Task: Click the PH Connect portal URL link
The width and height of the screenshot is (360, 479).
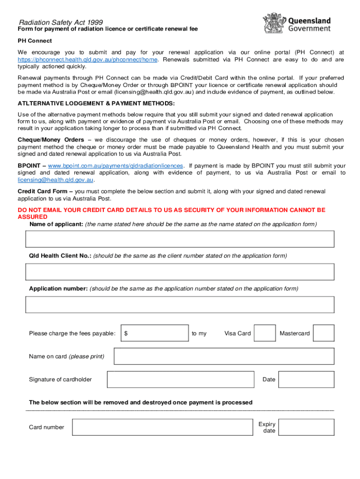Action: tap(88, 60)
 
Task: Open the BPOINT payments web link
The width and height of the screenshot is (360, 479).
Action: tap(115, 166)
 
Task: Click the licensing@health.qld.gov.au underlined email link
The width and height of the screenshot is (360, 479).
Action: tap(56, 180)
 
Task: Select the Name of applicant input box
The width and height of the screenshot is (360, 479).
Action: tap(180, 239)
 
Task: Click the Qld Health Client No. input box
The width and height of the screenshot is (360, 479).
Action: tap(180, 272)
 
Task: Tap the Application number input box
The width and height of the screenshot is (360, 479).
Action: tap(180, 305)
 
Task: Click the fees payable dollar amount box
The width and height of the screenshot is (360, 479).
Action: tap(155, 334)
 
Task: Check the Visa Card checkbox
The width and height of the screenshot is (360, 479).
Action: tap(265, 334)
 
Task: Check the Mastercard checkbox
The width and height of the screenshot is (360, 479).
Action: tap(324, 334)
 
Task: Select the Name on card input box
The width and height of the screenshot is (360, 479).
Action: tap(224, 356)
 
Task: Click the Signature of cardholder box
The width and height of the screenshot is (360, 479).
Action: tap(180, 379)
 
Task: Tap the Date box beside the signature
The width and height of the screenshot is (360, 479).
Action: tap(306, 379)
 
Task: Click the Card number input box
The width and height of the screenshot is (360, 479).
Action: tap(162, 427)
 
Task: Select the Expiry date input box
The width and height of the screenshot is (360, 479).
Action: tap(306, 427)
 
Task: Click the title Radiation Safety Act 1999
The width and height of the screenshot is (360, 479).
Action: tap(61, 22)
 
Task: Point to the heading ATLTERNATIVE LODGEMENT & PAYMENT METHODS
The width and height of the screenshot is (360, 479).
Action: tap(96, 103)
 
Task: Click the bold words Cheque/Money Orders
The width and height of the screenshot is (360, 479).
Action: tap(51, 140)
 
